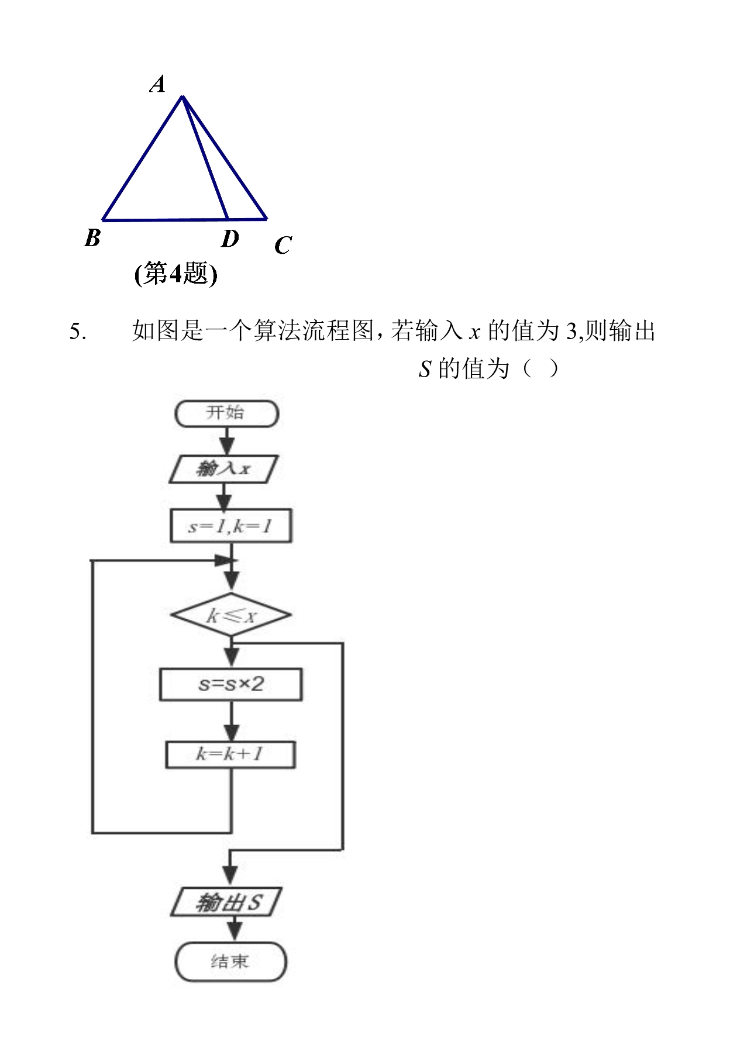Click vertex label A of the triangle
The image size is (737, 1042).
(157, 84)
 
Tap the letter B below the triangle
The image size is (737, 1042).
(92, 238)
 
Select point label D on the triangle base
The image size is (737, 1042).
(230, 239)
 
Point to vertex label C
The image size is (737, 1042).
(283, 245)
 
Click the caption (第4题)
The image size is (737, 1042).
(175, 274)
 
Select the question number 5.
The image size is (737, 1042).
(77, 332)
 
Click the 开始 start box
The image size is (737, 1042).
(226, 413)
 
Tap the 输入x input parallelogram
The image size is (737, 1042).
(223, 469)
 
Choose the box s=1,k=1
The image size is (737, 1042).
(230, 526)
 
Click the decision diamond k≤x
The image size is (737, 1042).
(231, 615)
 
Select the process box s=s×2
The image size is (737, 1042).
(231, 684)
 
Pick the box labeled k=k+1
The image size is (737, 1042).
(230, 754)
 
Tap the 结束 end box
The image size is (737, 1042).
(230, 962)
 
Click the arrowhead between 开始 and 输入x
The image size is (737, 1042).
(226, 447)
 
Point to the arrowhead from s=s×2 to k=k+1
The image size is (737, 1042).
(232, 733)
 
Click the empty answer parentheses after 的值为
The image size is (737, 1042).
(540, 369)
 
